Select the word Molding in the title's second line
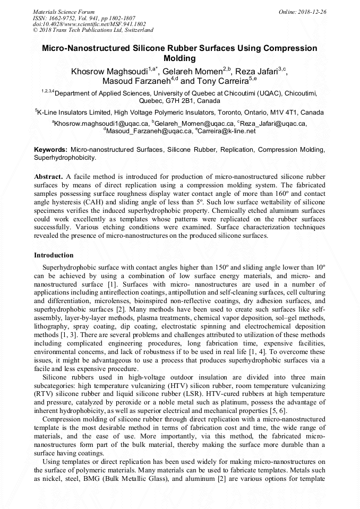[180, 58]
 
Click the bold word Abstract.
[48, 176]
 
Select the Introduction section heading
[54, 255]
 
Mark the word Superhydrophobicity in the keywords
[65, 158]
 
